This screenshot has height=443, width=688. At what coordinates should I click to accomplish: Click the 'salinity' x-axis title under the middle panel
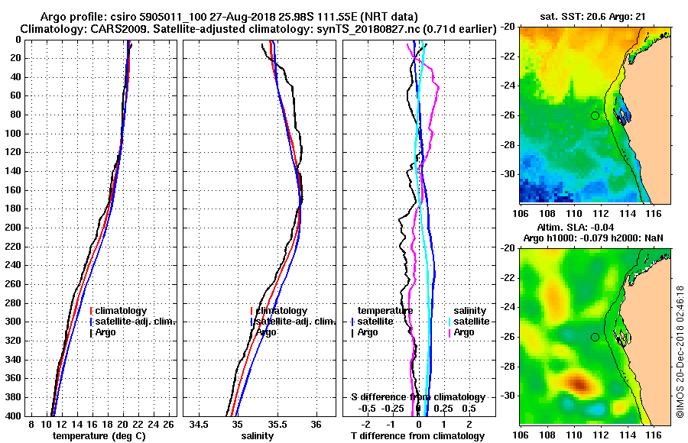pyautogui.click(x=258, y=436)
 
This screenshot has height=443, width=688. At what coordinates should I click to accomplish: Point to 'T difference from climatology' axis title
pyautogui.click(x=418, y=436)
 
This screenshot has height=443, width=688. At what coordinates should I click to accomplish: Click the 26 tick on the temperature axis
pyautogui.click(x=169, y=423)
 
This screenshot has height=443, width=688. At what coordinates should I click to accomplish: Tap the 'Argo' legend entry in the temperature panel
pyautogui.click(x=108, y=332)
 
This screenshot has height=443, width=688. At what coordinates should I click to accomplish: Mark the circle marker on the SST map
pyautogui.click(x=595, y=115)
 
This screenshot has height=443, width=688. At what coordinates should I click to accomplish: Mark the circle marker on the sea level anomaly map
pyautogui.click(x=595, y=337)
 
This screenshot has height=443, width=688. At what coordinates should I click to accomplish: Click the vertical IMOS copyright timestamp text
pyautogui.click(x=680, y=351)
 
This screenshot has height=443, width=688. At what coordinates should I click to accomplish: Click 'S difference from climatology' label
pyautogui.click(x=418, y=397)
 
